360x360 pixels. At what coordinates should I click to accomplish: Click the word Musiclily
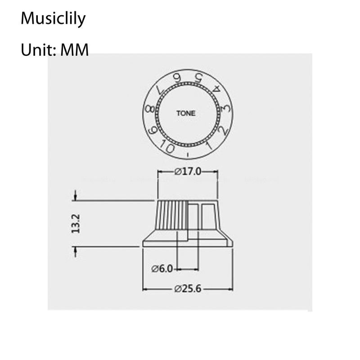click(x=53, y=18)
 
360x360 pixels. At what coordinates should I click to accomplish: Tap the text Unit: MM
click(x=54, y=50)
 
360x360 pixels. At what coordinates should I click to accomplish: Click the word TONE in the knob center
click(x=186, y=113)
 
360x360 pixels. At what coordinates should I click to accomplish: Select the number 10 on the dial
click(x=167, y=147)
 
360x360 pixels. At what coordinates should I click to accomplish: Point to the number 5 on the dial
click(x=198, y=78)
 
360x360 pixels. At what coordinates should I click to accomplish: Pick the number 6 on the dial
click(x=177, y=78)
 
